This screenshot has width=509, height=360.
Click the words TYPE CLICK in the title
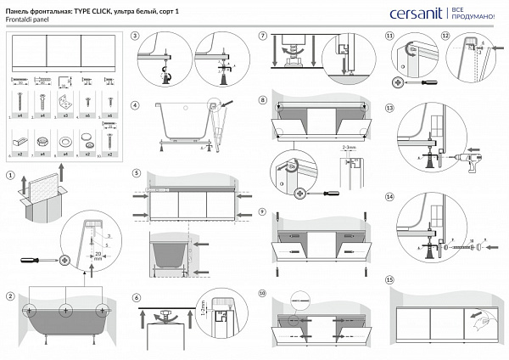coord(96,8)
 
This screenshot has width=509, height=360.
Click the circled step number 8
coord(263,100)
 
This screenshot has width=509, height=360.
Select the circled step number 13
coord(389,109)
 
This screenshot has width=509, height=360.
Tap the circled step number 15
coord(389,279)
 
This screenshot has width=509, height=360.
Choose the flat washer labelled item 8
coord(64,137)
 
